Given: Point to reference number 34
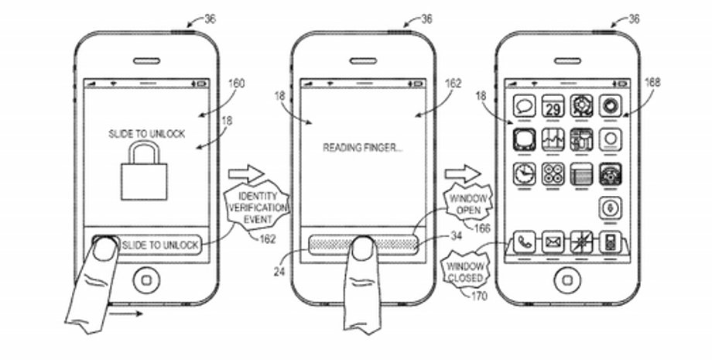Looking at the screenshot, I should (457, 238).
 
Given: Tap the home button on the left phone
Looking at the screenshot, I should (146, 279).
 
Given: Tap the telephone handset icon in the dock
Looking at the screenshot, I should (524, 242).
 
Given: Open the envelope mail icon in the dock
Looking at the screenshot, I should (553, 242).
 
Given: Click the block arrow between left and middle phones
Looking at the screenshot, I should (248, 173).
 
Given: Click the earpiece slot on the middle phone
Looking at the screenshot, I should (363, 61).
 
